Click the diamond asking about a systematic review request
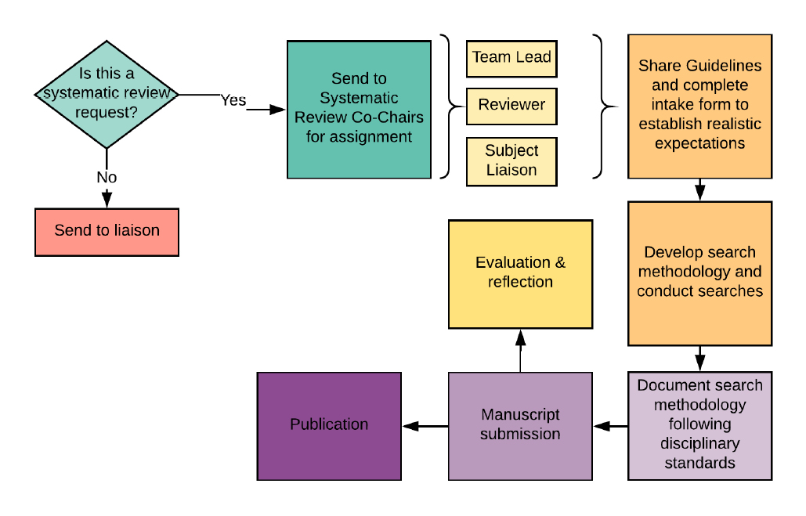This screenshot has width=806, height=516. [107, 93]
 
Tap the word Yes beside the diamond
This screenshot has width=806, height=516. [233, 100]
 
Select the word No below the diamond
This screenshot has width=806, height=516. [107, 178]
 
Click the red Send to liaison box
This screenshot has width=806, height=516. [107, 231]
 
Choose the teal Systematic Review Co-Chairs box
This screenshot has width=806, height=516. [359, 109]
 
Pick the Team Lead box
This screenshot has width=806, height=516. [511, 58]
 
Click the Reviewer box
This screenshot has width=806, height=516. [511, 106]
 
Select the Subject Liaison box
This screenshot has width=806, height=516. [511, 161]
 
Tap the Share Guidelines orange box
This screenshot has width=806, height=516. [699, 106]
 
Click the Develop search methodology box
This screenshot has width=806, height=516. [699, 272]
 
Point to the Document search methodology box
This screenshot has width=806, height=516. [699, 424]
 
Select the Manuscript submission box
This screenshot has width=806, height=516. [520, 425]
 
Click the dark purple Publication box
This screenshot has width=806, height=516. [329, 425]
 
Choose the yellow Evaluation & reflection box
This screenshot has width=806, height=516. [520, 272]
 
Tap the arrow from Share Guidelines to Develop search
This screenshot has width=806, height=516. [700, 189]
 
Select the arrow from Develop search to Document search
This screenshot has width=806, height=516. [700, 359]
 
